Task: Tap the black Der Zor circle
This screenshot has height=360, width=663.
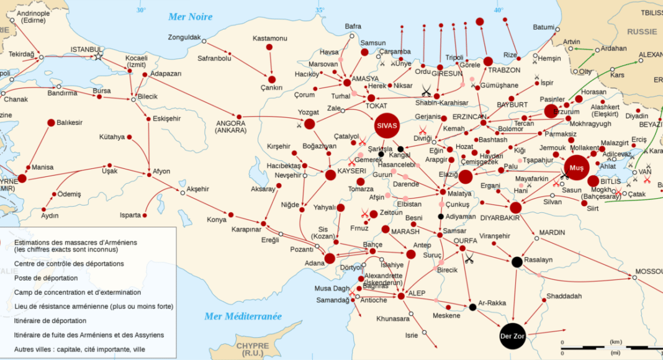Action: pos(513,337)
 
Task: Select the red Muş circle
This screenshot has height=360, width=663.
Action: pos(576,168)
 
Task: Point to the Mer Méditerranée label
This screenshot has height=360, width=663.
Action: pos(243,317)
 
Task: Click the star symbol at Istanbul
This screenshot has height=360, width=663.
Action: pos(97,56)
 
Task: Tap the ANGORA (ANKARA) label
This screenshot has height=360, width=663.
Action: pos(230,127)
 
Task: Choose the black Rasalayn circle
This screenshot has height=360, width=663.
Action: pos(516,262)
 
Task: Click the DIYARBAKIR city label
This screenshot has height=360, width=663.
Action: pos(500,218)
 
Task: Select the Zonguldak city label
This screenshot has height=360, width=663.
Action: pos(184,37)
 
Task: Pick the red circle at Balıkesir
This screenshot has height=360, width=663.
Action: pos(51,123)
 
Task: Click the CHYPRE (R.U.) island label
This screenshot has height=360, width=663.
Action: pos(253,349)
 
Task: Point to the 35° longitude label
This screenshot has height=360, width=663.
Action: pos(320,10)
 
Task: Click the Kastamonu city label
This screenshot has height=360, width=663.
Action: pos(270,38)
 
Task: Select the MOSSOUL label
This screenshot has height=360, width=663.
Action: pos(648,272)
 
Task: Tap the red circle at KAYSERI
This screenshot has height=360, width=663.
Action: pos(331,175)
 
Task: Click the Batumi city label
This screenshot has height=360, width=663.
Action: pos(543,27)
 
